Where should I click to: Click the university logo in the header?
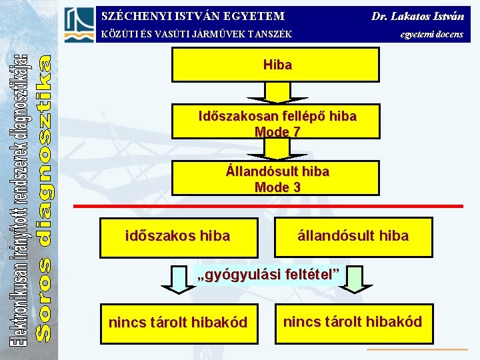(x=79, y=25)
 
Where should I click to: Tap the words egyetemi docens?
(x=431, y=34)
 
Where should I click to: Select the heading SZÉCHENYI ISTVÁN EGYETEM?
(x=193, y=15)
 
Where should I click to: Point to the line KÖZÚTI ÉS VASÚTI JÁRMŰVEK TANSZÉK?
(x=196, y=34)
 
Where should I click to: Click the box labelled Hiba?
(x=277, y=65)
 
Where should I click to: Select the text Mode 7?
(x=277, y=132)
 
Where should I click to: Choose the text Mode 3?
(x=277, y=187)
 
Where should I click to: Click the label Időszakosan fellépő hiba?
(x=277, y=116)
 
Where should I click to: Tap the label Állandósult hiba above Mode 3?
(x=277, y=171)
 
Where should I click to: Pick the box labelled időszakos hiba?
(x=178, y=237)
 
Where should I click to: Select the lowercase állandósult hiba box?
(x=353, y=237)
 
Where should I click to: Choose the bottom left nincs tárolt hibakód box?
(x=177, y=323)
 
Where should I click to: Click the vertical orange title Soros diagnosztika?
(x=43, y=197)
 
